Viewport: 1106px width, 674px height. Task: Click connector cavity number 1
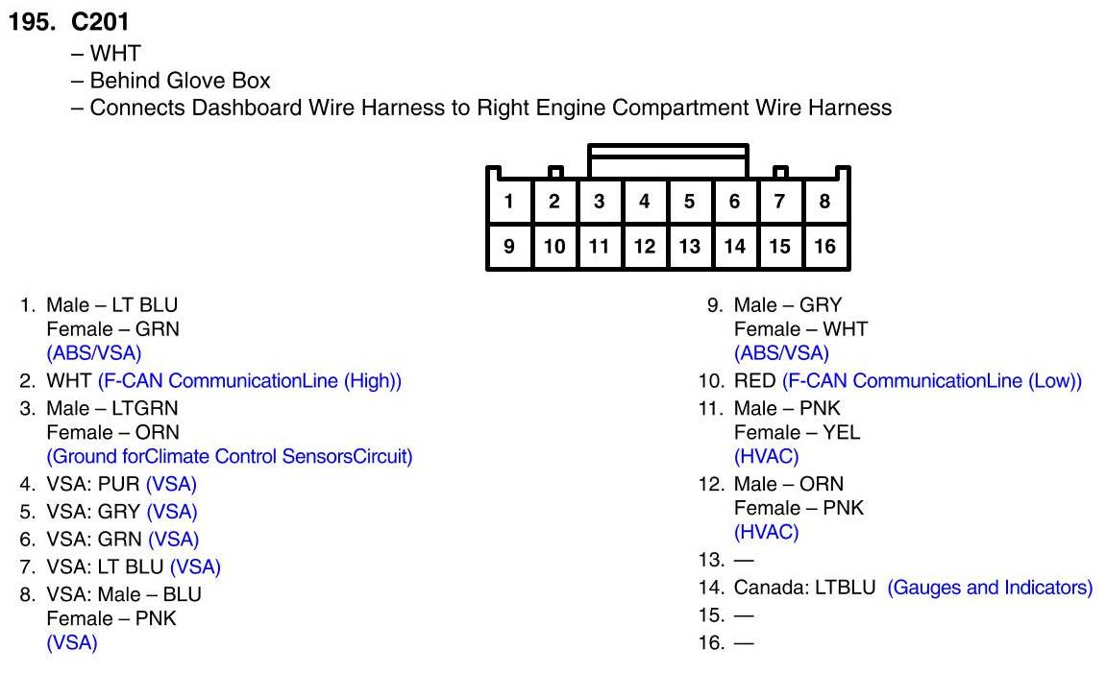tap(509, 202)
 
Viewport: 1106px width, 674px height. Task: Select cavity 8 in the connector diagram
tap(824, 202)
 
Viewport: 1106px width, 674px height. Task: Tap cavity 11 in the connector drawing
tap(599, 247)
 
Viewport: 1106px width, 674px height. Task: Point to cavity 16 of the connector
tap(824, 247)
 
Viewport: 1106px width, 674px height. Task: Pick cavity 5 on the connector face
tap(689, 202)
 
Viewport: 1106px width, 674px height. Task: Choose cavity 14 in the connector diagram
tap(734, 247)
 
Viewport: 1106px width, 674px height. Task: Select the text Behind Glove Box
tap(180, 81)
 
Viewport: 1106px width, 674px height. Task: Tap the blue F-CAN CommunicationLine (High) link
tap(249, 381)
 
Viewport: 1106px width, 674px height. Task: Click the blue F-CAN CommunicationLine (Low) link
tap(932, 381)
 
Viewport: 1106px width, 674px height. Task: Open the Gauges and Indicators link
tap(990, 588)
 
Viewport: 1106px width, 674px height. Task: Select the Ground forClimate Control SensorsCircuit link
tap(229, 457)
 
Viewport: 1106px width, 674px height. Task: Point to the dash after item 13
tap(744, 559)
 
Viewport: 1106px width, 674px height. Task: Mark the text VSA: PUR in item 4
tap(93, 485)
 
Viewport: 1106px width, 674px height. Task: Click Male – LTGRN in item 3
tap(111, 408)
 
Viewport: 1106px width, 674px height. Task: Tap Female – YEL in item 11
tap(797, 433)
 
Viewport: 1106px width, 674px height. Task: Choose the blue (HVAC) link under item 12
tap(766, 532)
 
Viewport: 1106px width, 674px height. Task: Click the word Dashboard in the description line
tap(245, 108)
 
